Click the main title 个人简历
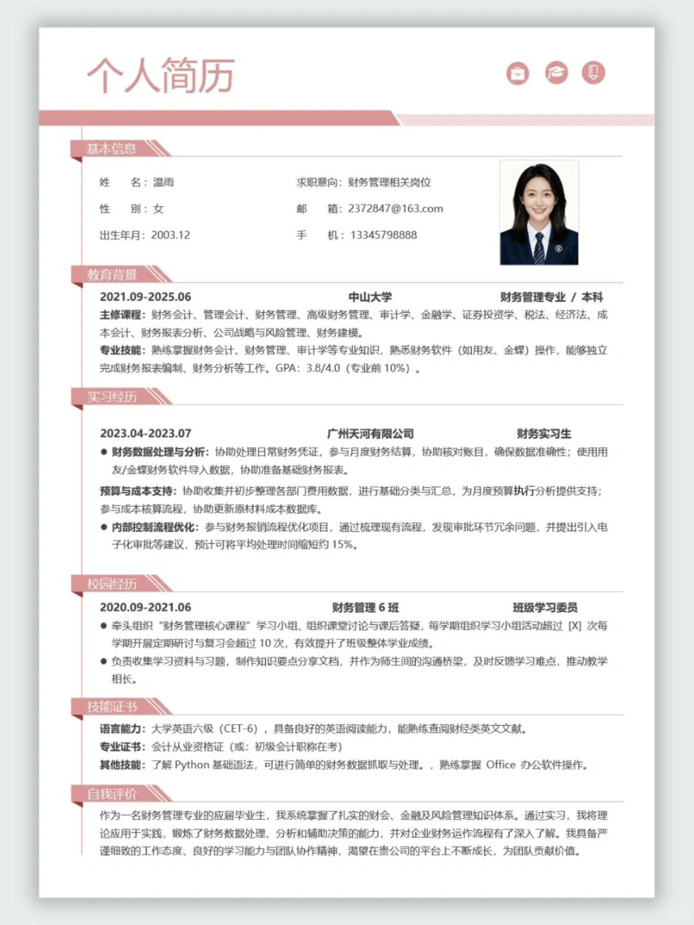tap(161, 75)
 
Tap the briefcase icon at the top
tap(517, 73)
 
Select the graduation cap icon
tap(556, 73)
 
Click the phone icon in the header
tap(593, 72)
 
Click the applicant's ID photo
tap(539, 213)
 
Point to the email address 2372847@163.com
tap(395, 209)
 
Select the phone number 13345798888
tap(383, 235)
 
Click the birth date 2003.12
tap(170, 235)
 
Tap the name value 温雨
tap(163, 182)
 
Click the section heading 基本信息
tap(112, 149)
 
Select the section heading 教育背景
tap(112, 275)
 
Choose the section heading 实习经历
tap(112, 397)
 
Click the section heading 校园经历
tap(112, 584)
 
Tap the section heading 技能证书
tap(112, 707)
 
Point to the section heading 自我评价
tap(112, 794)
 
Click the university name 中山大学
tap(370, 297)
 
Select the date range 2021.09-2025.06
tap(145, 297)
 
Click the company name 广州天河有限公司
tap(370, 434)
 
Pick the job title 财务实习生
tap(544, 434)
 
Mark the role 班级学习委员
tap(545, 608)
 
